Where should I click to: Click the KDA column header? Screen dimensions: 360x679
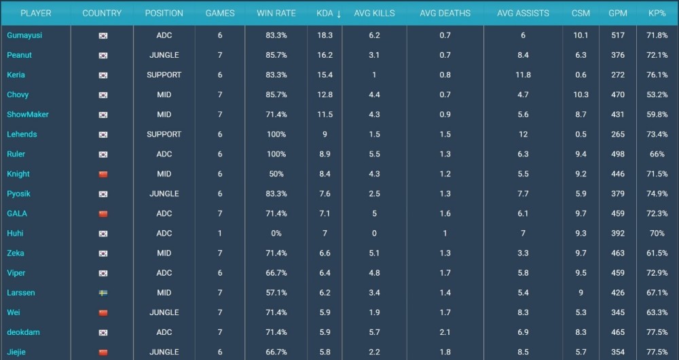[329, 13]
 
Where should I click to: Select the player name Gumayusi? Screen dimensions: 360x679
[24, 35]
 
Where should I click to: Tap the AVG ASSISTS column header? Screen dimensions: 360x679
[523, 13]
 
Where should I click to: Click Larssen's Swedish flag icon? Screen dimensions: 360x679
[103, 293]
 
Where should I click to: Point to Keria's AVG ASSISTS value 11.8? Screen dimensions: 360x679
[523, 75]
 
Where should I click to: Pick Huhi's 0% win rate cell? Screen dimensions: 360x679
[276, 233]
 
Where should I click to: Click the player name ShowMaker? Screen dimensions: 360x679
[28, 114]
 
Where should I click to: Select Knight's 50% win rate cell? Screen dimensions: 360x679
[276, 174]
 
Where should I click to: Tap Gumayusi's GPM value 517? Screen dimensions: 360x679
[617, 35]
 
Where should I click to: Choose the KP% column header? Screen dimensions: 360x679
[657, 13]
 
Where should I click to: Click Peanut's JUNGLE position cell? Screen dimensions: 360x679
[164, 55]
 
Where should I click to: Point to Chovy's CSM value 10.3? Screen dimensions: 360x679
[581, 94]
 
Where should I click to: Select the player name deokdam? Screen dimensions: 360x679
[24, 332]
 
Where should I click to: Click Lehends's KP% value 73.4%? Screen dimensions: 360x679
[657, 134]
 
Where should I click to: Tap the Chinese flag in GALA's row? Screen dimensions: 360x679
[103, 213]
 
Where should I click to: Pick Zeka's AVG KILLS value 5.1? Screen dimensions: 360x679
[374, 253]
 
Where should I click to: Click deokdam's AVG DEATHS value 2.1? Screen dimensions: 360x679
[445, 332]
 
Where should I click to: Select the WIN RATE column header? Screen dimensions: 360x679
[276, 13]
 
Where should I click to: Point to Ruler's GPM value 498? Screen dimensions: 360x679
[617, 154]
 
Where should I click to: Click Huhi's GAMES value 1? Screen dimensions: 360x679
[220, 233]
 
